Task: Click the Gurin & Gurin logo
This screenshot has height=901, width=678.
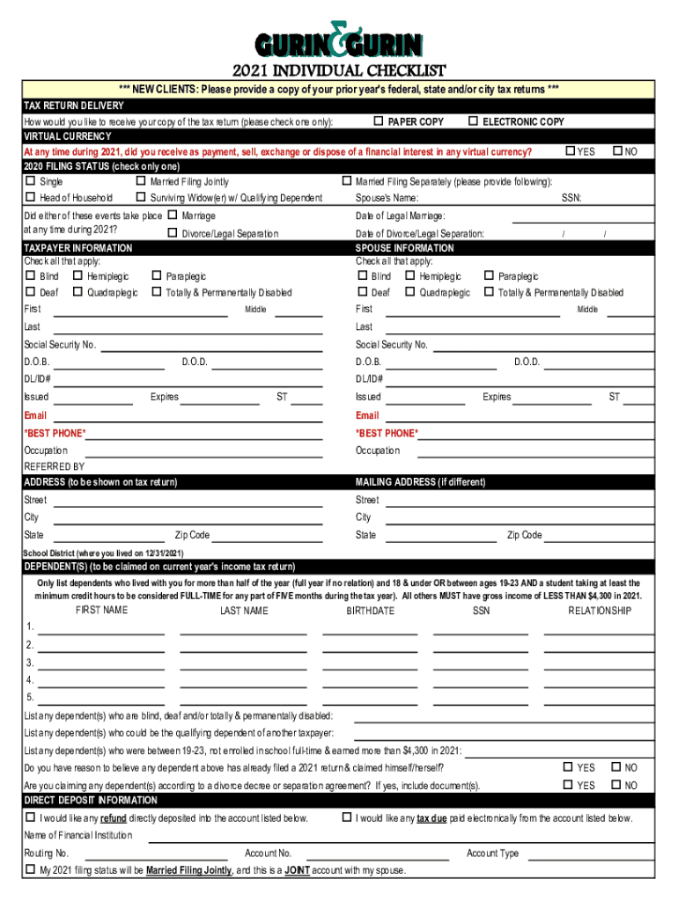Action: click(339, 40)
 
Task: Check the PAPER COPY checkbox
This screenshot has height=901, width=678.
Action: click(379, 121)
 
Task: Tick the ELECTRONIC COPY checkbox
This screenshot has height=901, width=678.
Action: click(473, 121)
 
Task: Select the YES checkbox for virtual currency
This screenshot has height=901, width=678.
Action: click(569, 151)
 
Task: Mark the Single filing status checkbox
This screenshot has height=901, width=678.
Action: click(31, 182)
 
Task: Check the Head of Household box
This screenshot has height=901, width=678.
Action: click(31, 198)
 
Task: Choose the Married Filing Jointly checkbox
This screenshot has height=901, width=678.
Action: click(141, 182)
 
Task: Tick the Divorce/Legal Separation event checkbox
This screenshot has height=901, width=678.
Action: click(172, 233)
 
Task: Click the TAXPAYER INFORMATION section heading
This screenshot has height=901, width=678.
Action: click(78, 248)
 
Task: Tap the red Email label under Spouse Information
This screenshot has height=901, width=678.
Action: click(367, 415)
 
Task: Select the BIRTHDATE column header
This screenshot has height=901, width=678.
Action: click(371, 611)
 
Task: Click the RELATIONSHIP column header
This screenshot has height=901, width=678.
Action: click(600, 611)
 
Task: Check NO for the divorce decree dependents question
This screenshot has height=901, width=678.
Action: click(616, 785)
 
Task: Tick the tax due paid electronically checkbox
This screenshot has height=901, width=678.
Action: click(346, 817)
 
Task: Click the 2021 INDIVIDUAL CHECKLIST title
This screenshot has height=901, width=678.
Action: click(339, 71)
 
